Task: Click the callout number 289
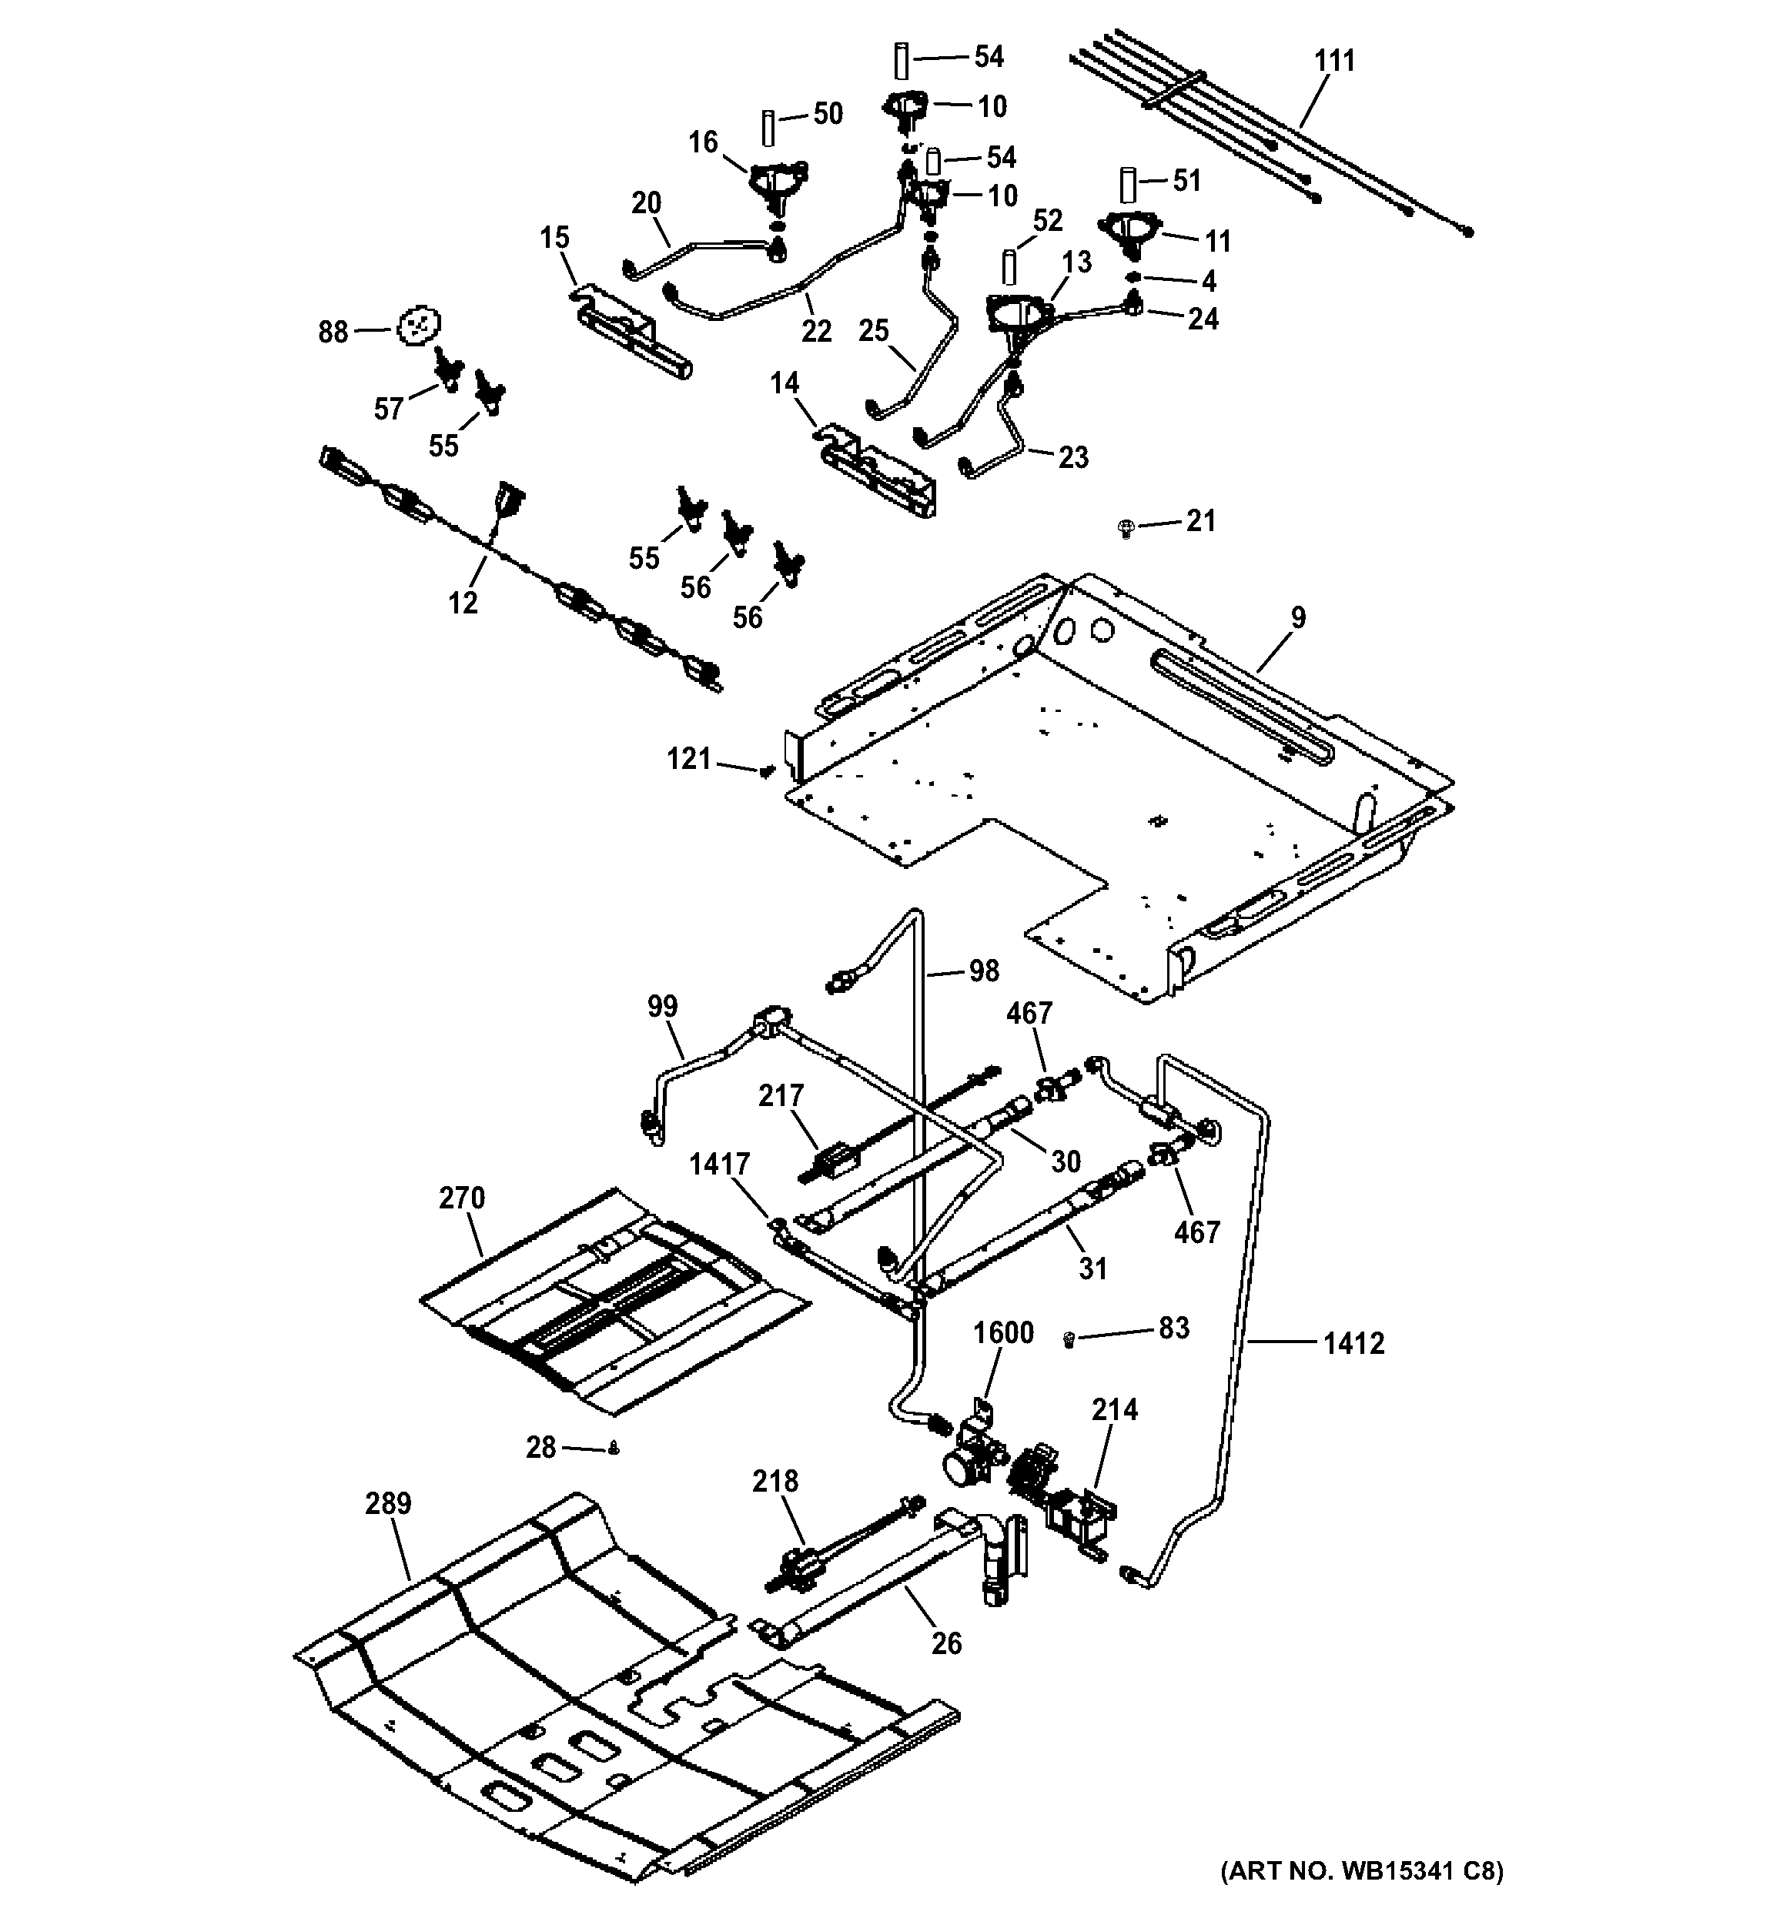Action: (x=388, y=1503)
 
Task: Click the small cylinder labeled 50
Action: (x=768, y=128)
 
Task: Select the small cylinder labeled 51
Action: (x=1129, y=184)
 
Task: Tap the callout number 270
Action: (x=462, y=1198)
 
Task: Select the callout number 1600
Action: (x=1003, y=1333)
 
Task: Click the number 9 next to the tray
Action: (x=1297, y=618)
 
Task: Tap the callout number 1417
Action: (x=718, y=1165)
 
